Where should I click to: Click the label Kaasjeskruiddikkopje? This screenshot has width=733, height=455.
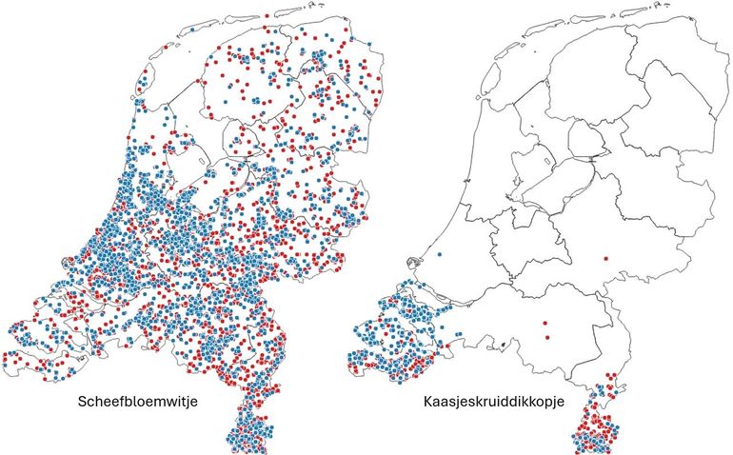click(x=494, y=403)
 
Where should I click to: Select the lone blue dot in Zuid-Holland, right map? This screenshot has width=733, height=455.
click(x=438, y=255)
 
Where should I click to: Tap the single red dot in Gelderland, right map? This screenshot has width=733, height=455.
click(x=606, y=258)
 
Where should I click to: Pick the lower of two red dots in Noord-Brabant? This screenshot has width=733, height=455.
click(x=546, y=337)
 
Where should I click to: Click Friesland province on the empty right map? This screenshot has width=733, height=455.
click(x=562, y=86)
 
